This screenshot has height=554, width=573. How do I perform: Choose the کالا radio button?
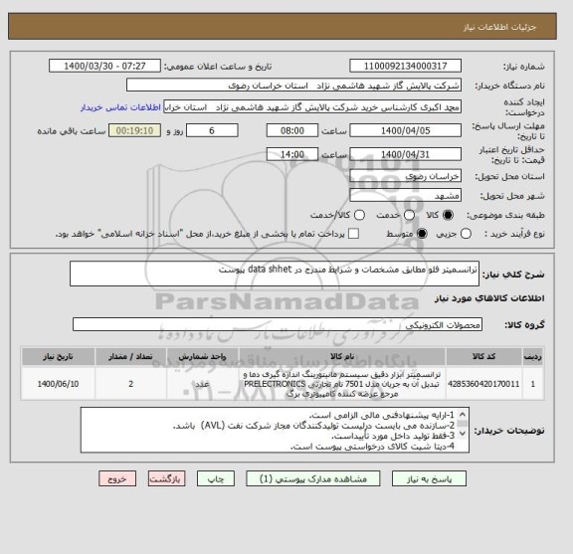point(446,215)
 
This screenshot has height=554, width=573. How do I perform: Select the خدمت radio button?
point(392,215)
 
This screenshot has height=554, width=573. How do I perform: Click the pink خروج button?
point(119,478)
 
